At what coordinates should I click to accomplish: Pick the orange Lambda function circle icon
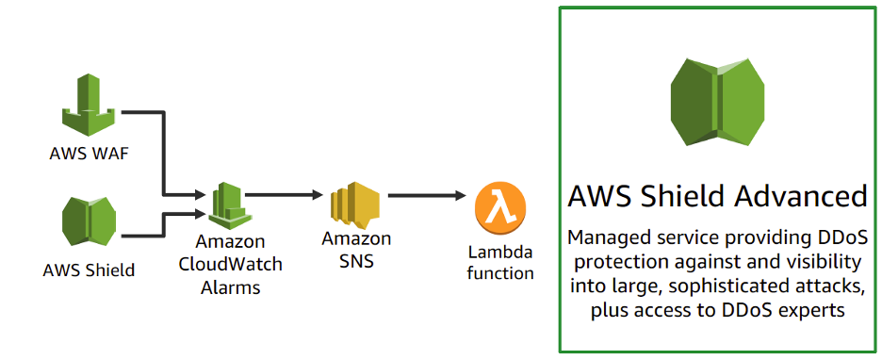499,209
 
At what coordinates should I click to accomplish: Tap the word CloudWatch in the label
230,265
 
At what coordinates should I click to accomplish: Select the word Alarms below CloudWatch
230,287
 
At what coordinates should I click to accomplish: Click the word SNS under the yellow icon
354,261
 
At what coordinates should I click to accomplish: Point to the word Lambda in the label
500,252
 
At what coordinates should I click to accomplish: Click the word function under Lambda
500,273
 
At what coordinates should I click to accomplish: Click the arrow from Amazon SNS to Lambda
426,196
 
